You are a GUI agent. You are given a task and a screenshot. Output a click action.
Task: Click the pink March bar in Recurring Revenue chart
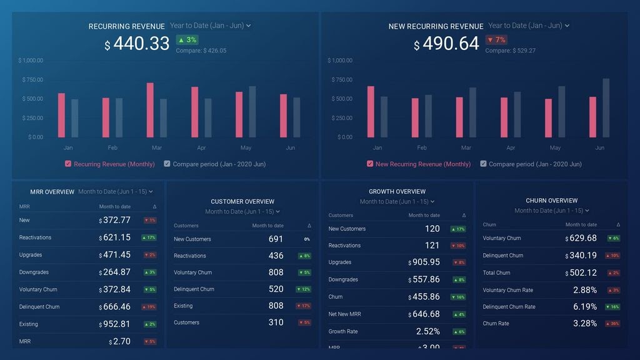(x=150, y=110)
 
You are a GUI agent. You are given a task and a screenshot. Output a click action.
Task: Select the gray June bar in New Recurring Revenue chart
(x=606, y=107)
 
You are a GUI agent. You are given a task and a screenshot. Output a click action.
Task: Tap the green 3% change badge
(x=187, y=40)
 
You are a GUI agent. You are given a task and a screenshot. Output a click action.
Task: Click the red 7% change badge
(x=496, y=40)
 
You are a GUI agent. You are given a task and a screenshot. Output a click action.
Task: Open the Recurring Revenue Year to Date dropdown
(x=210, y=26)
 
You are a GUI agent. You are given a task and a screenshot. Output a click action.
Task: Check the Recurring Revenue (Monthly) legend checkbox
(x=68, y=164)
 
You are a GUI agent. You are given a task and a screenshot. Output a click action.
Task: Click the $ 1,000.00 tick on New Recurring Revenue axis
(x=340, y=61)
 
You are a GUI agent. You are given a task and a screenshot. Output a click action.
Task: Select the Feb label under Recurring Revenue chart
(x=112, y=148)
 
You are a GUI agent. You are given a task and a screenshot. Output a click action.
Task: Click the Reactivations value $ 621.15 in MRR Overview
(x=115, y=237)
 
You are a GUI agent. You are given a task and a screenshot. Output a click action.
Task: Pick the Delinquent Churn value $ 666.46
(x=115, y=307)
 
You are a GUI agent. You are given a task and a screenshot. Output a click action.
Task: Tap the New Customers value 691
(x=276, y=239)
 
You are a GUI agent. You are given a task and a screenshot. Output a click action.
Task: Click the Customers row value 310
(x=276, y=322)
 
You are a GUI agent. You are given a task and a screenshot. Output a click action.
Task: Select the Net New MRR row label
(x=344, y=314)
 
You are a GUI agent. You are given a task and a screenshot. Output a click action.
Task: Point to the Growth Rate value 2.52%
(x=427, y=331)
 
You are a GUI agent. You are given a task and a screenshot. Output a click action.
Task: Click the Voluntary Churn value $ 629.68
(x=581, y=238)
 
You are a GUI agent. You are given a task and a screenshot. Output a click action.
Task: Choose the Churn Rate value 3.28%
(x=584, y=324)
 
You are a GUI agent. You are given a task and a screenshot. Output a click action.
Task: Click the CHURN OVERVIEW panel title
(x=551, y=201)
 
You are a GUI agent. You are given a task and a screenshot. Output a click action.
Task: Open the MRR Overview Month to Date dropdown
(x=116, y=192)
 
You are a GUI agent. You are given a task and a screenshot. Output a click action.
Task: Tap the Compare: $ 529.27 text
(x=510, y=51)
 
